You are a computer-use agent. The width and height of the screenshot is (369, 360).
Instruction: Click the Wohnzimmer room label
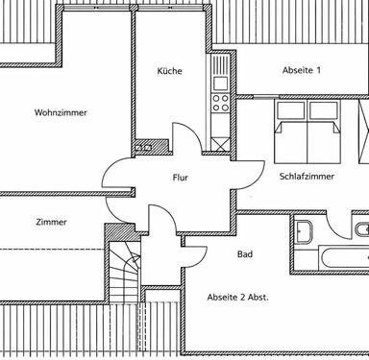coord(60,112)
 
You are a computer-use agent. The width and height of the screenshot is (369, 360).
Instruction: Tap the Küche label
coord(170,71)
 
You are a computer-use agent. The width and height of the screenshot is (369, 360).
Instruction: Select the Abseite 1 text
coord(301,71)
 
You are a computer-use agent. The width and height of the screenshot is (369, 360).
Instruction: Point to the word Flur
coord(180,178)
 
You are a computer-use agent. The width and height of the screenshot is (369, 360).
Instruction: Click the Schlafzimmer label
coord(305,178)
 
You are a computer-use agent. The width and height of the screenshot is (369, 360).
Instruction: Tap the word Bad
coord(244,254)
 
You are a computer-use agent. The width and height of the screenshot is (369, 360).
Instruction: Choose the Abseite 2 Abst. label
coord(237,298)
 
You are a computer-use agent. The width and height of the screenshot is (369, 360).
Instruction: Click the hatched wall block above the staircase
coord(119,233)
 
